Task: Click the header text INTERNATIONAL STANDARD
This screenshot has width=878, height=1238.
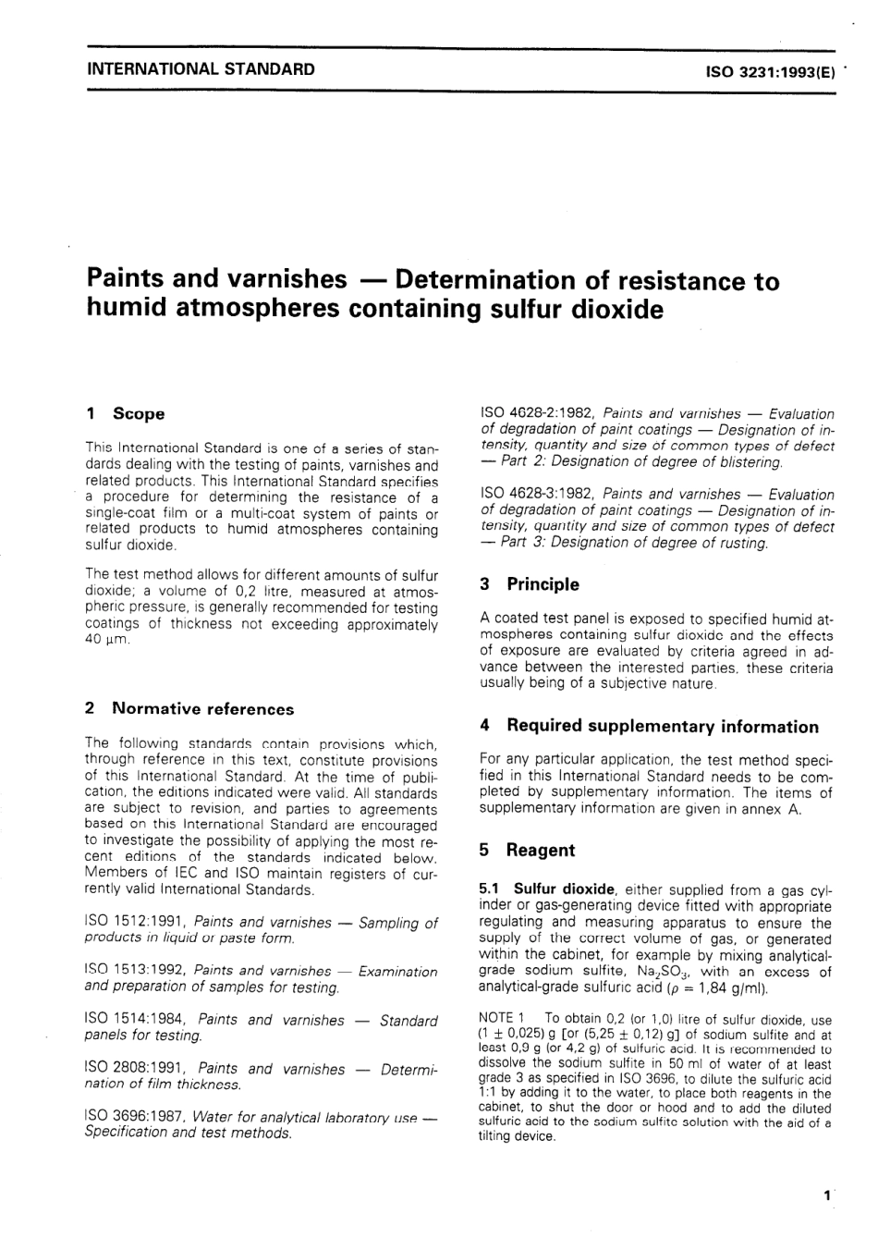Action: click(x=200, y=69)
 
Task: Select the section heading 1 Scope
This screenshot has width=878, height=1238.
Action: click(x=125, y=414)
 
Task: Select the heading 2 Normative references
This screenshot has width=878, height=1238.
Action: click(x=189, y=709)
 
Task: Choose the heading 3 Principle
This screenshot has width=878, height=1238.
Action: click(x=530, y=584)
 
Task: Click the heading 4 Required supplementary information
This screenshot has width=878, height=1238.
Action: click(x=649, y=727)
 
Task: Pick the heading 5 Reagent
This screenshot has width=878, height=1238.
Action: click(x=527, y=851)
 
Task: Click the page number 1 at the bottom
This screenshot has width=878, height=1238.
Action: click(x=826, y=1195)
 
